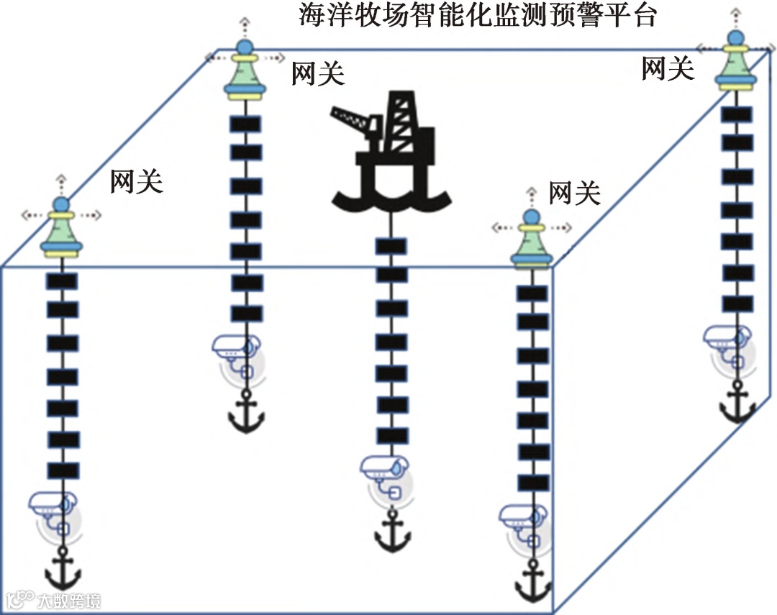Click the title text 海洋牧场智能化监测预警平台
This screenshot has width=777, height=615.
[478, 15]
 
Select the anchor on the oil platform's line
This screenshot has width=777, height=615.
[391, 532]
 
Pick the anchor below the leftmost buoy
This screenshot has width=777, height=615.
[63, 568]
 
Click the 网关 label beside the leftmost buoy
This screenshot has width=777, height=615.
[136, 182]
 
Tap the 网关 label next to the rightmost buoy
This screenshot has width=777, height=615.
[667, 69]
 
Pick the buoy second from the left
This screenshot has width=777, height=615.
[245, 73]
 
